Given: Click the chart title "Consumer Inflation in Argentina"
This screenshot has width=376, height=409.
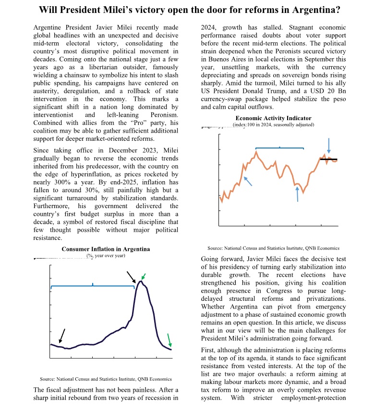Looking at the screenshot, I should [x=106, y=249].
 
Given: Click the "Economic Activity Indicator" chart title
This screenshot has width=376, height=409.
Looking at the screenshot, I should [x=273, y=118].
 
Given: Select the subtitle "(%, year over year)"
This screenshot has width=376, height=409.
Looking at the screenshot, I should [x=106, y=256].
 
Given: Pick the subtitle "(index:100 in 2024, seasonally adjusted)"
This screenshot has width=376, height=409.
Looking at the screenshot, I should [x=273, y=124].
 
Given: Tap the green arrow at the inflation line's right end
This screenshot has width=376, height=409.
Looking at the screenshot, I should [x=169, y=340].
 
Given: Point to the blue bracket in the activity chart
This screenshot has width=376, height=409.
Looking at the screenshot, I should [x=279, y=148].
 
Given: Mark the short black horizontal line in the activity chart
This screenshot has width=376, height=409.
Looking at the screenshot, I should [x=328, y=159].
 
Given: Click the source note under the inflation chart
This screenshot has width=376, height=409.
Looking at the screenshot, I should [x=106, y=379].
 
